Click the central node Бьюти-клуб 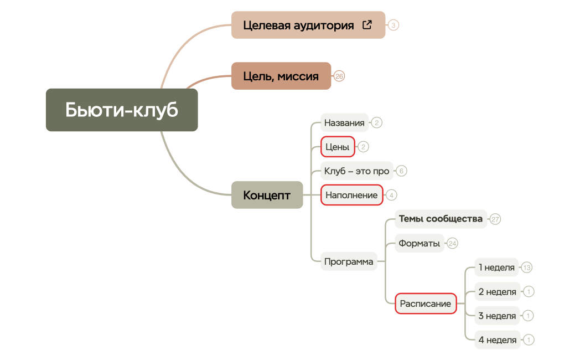coord(122,110)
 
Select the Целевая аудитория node coord(298,25)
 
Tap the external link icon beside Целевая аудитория coord(367,24)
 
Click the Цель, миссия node coord(281,76)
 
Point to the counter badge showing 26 coord(339,76)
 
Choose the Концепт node coord(267,195)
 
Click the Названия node coord(344,123)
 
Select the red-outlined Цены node coord(338,147)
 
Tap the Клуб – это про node coord(356,171)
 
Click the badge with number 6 coord(402,171)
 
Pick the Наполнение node coord(351,195)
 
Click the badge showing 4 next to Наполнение coord(391,195)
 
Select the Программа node coord(349,261)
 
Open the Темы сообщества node coord(441,219)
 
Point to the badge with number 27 coord(495,219)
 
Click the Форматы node coord(420,243)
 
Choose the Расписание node coord(426,304)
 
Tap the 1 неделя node coord(496,268)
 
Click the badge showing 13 coord(527,268)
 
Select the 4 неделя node coord(497,340)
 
